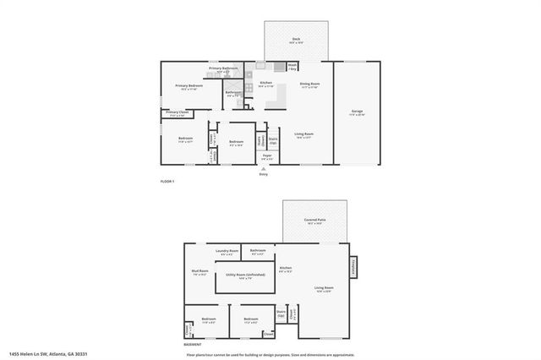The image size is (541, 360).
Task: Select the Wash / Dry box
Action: (292, 65)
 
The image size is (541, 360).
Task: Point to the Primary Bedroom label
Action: (189, 86)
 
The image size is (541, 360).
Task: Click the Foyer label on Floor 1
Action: (266, 155)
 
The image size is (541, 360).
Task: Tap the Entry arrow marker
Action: (264, 169)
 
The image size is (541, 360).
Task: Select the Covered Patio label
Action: (314, 220)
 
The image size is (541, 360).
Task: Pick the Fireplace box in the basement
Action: (352, 266)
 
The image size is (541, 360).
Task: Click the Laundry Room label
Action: (227, 251)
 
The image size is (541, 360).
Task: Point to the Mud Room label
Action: (200, 272)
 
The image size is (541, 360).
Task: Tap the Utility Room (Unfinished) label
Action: (245, 275)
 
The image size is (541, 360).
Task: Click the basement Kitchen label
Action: (285, 269)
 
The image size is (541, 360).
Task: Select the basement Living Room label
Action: (324, 289)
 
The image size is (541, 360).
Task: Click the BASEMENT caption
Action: (194, 345)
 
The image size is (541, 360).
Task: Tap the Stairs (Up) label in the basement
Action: (280, 313)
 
